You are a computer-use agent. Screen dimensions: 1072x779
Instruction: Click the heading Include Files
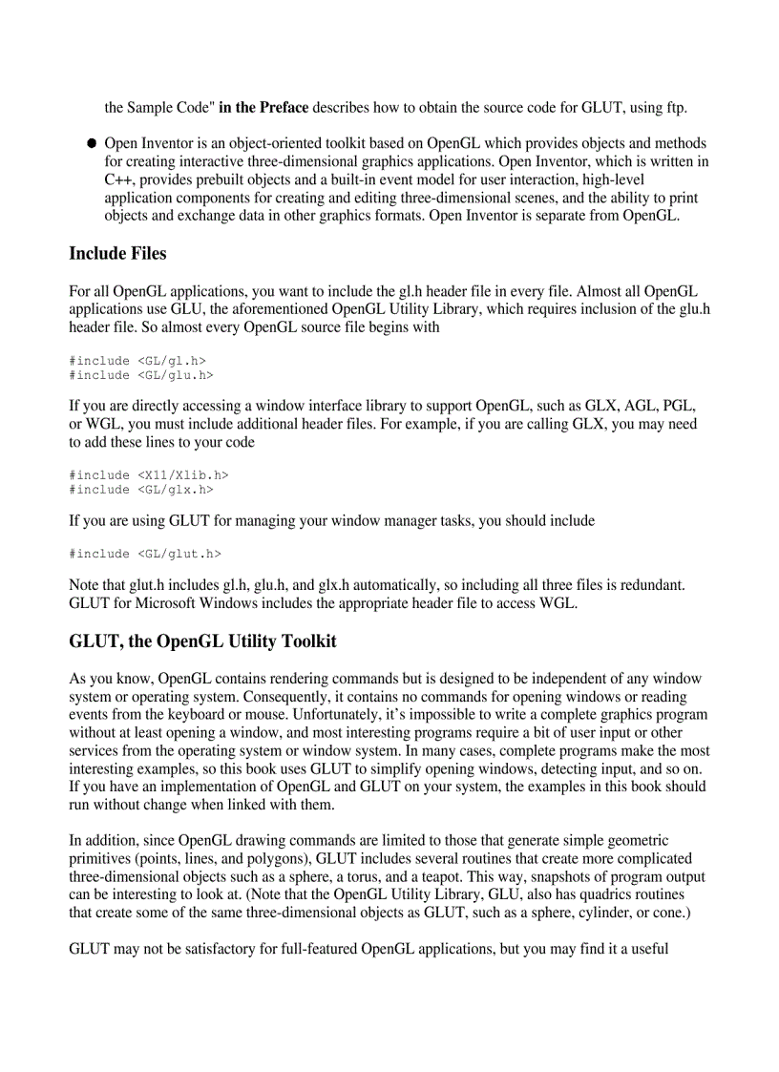[x=117, y=254]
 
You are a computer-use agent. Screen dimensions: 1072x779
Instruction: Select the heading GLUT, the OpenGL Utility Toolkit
[x=202, y=641]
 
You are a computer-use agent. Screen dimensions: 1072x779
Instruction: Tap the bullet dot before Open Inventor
[x=92, y=143]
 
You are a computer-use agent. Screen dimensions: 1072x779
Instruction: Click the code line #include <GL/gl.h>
[x=137, y=361]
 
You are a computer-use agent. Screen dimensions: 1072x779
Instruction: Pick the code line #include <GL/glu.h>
[x=141, y=375]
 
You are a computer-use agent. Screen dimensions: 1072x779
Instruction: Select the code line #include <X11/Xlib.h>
[x=149, y=474]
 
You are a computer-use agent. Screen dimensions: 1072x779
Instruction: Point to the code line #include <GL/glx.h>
[x=141, y=490]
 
